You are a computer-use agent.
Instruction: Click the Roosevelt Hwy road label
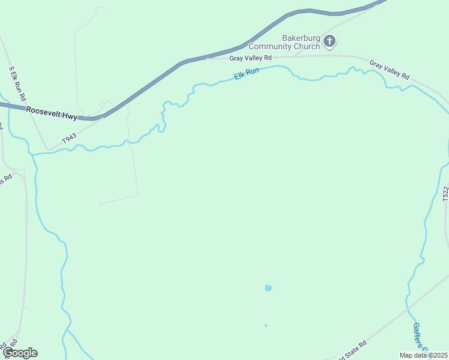tap(52, 112)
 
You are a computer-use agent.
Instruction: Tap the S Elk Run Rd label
tap(17, 83)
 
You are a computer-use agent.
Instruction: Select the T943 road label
tap(70, 139)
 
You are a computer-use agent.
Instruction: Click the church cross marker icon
tap(329, 41)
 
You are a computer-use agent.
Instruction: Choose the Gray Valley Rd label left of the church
tap(251, 58)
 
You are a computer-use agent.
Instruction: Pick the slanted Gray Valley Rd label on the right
tap(389, 70)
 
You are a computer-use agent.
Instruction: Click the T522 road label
tap(445, 193)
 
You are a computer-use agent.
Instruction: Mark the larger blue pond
tap(268, 288)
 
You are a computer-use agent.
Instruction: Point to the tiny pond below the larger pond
tap(266, 325)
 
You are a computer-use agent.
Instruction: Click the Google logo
tap(20, 352)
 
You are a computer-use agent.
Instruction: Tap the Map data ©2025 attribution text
tap(423, 355)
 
